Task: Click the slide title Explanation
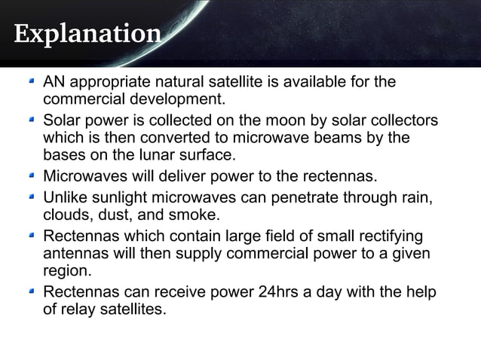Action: [87, 35]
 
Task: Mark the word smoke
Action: [195, 215]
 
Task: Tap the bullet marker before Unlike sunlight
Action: [31, 197]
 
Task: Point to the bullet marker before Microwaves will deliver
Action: [31, 177]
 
